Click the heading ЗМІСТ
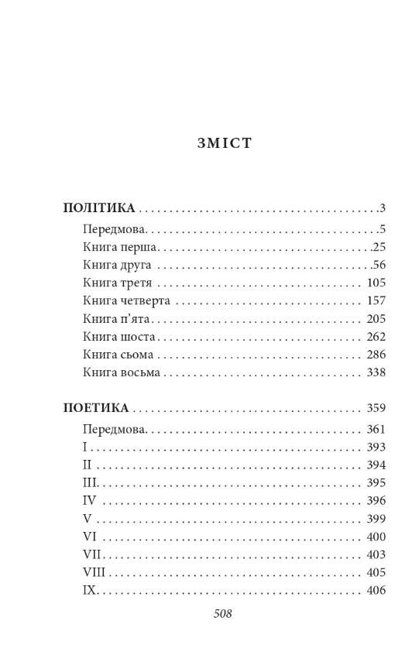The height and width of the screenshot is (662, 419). coord(225,143)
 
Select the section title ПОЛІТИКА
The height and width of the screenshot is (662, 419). coord(99,208)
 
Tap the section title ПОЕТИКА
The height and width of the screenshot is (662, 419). coord(96,408)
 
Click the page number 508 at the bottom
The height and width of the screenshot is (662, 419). coord(222,614)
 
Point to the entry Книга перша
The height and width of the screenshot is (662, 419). coord(120,247)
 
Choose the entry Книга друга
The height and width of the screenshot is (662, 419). coord(117,266)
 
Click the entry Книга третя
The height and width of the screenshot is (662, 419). coord(117,283)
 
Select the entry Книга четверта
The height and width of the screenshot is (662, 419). coord(126,300)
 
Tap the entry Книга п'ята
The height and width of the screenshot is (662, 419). coord(117,319)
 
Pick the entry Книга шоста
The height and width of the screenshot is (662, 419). coord(119,337)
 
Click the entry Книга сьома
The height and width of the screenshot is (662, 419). coord(118,355)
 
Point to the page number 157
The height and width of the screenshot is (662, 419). coord(376,300)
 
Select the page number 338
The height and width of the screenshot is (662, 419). coord(376,372)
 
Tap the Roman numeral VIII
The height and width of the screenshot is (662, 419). coord(93,573)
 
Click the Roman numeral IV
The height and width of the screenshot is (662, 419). coord(88,501)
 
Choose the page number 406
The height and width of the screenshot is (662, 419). coord(376,591)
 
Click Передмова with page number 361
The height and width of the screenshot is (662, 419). coord(115,429)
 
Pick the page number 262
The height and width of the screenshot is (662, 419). coord(376,337)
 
